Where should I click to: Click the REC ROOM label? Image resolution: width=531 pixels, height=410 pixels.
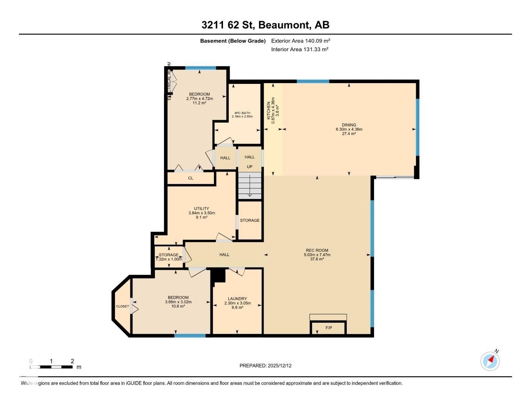[x=317, y=251]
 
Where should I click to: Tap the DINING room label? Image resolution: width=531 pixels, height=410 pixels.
[x=349, y=125]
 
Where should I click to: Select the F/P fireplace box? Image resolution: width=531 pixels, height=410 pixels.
[x=329, y=328]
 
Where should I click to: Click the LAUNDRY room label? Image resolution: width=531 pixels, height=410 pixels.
[x=237, y=299]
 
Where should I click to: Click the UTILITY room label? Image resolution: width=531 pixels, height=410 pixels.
[x=201, y=208]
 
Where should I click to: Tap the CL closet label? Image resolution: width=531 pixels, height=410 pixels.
[x=191, y=178]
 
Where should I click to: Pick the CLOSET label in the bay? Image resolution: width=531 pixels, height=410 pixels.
[x=122, y=306]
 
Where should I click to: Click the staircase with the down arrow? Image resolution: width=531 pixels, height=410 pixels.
[x=250, y=186]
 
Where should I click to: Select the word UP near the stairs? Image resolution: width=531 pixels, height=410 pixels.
[x=250, y=167]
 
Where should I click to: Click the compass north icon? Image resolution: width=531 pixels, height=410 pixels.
[x=490, y=361]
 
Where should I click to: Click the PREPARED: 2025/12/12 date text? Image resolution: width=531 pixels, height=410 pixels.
[x=265, y=366]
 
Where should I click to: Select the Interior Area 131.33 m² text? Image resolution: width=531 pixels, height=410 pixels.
[x=300, y=49]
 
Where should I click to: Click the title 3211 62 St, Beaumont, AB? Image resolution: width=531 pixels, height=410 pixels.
[x=265, y=25]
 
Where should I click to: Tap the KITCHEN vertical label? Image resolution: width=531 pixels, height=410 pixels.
[x=269, y=110]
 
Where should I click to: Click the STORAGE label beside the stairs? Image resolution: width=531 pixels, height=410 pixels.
[x=250, y=221]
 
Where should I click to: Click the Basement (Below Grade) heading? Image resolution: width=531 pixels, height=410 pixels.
[x=233, y=41]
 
